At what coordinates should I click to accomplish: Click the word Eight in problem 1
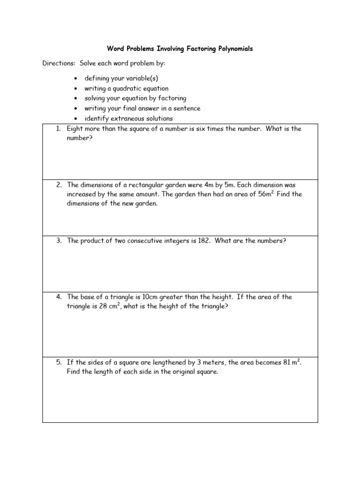coord(75,129)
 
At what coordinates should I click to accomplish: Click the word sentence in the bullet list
coord(187,108)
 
